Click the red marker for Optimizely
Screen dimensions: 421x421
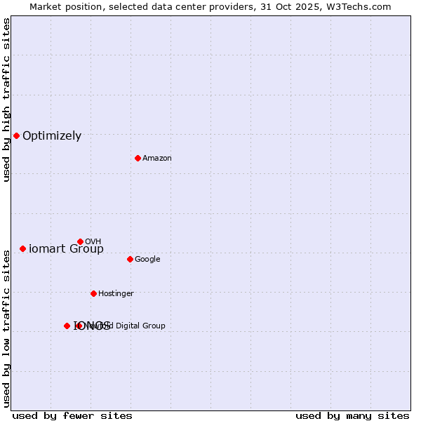[16, 135]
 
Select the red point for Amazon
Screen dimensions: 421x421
[138, 158]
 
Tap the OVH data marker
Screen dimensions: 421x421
[80, 241]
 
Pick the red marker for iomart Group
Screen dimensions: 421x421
[22, 248]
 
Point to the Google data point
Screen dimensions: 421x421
[130, 259]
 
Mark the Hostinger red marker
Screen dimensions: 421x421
[93, 293]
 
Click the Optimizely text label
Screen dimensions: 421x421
[52, 136]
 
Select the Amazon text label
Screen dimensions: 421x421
[157, 158]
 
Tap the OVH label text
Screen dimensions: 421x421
[93, 241]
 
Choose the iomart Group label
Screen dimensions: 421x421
[66, 249]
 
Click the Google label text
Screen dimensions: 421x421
[147, 259]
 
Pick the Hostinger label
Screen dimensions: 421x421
[116, 293]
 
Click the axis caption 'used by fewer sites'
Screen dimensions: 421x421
[72, 415]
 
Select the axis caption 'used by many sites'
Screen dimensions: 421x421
[352, 415]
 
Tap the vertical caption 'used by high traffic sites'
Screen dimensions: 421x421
[6, 100]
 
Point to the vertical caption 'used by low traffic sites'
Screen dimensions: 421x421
[6, 328]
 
